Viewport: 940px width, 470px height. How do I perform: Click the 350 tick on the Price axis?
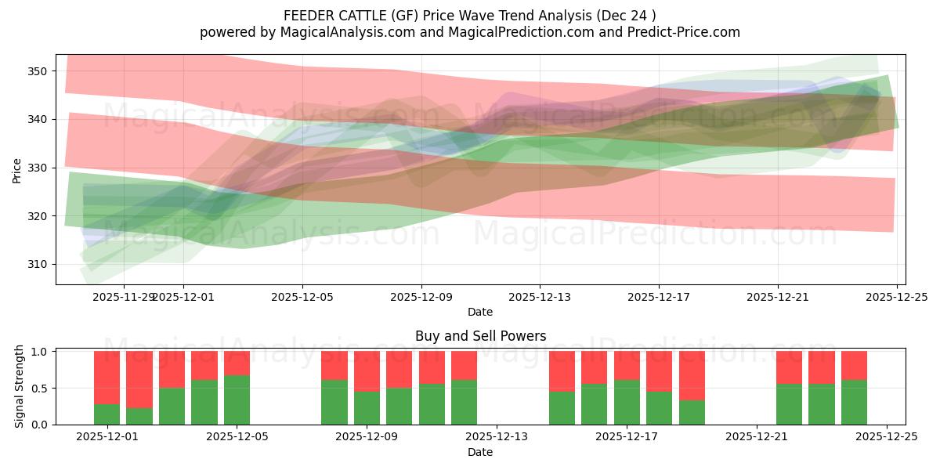(37, 71)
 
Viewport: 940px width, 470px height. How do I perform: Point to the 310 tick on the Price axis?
(37, 264)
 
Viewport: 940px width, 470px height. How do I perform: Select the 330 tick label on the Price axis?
(37, 168)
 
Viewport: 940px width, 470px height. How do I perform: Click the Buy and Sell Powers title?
(480, 336)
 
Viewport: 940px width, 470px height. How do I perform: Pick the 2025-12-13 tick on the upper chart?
(540, 297)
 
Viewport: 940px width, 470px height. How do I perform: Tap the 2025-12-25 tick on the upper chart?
(897, 297)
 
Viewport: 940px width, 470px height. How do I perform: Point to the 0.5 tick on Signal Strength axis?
(41, 388)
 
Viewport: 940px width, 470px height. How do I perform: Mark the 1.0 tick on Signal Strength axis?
(41, 352)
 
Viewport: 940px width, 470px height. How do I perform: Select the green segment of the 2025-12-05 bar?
(237, 399)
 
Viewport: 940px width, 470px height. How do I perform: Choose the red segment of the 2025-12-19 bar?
(692, 375)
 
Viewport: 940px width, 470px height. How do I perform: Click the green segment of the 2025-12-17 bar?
(627, 402)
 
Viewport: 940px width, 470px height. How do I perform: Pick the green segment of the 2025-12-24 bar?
(854, 402)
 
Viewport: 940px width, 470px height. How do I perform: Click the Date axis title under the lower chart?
(480, 453)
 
